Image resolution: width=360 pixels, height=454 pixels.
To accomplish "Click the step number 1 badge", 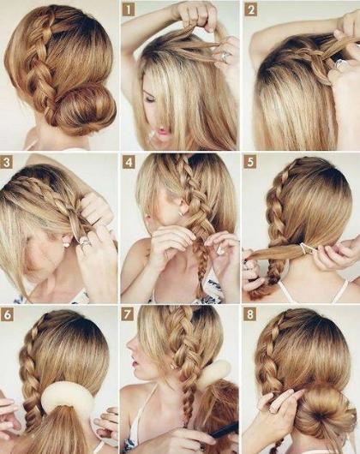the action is (x=129, y=10).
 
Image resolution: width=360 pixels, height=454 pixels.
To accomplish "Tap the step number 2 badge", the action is (x=250, y=10).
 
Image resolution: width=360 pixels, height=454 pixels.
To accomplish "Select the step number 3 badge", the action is (x=6, y=163).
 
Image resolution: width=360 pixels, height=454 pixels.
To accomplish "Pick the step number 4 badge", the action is (x=129, y=163).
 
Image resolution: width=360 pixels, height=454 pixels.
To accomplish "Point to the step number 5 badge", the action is (x=249, y=163).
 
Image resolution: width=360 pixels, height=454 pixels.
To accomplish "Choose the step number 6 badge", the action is (x=7, y=314).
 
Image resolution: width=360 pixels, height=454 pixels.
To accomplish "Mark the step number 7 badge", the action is (x=128, y=314).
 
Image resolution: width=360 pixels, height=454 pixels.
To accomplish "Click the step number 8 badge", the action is (x=249, y=314).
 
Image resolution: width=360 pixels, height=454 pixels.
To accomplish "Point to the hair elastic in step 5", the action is (x=304, y=249).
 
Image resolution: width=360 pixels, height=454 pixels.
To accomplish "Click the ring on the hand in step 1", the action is (x=225, y=57).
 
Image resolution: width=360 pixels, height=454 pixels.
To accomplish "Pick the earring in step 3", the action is (x=67, y=244).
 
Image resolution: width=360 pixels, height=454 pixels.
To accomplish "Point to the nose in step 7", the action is (x=129, y=344).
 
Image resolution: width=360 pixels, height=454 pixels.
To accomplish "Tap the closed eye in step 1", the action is (x=151, y=99).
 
